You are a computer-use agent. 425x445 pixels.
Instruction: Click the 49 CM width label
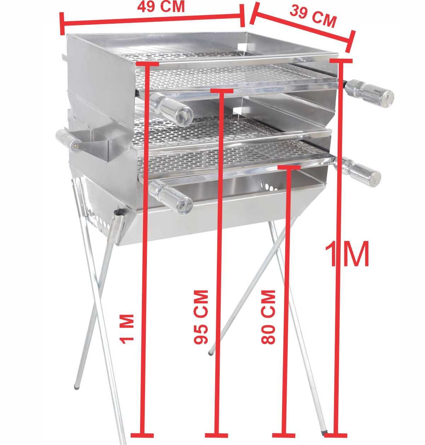pos(161,7)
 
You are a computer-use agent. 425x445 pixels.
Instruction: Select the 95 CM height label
pos(201,317)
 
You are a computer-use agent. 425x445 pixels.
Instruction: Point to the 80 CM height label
pos(268,317)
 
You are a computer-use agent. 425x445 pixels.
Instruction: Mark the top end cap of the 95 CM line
pos(222,91)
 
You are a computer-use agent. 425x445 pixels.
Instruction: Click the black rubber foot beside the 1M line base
pos(324,433)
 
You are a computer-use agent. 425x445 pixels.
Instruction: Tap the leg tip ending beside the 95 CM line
pos(211,352)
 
